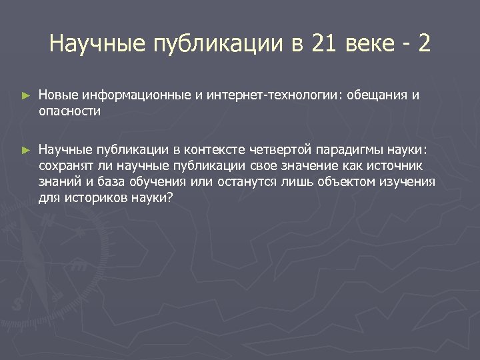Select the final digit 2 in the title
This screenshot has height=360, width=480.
point(424,45)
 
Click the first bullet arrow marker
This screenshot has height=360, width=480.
point(26,96)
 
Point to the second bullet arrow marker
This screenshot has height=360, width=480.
point(26,151)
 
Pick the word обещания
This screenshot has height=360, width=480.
point(376,95)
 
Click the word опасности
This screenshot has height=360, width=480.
point(69,111)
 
